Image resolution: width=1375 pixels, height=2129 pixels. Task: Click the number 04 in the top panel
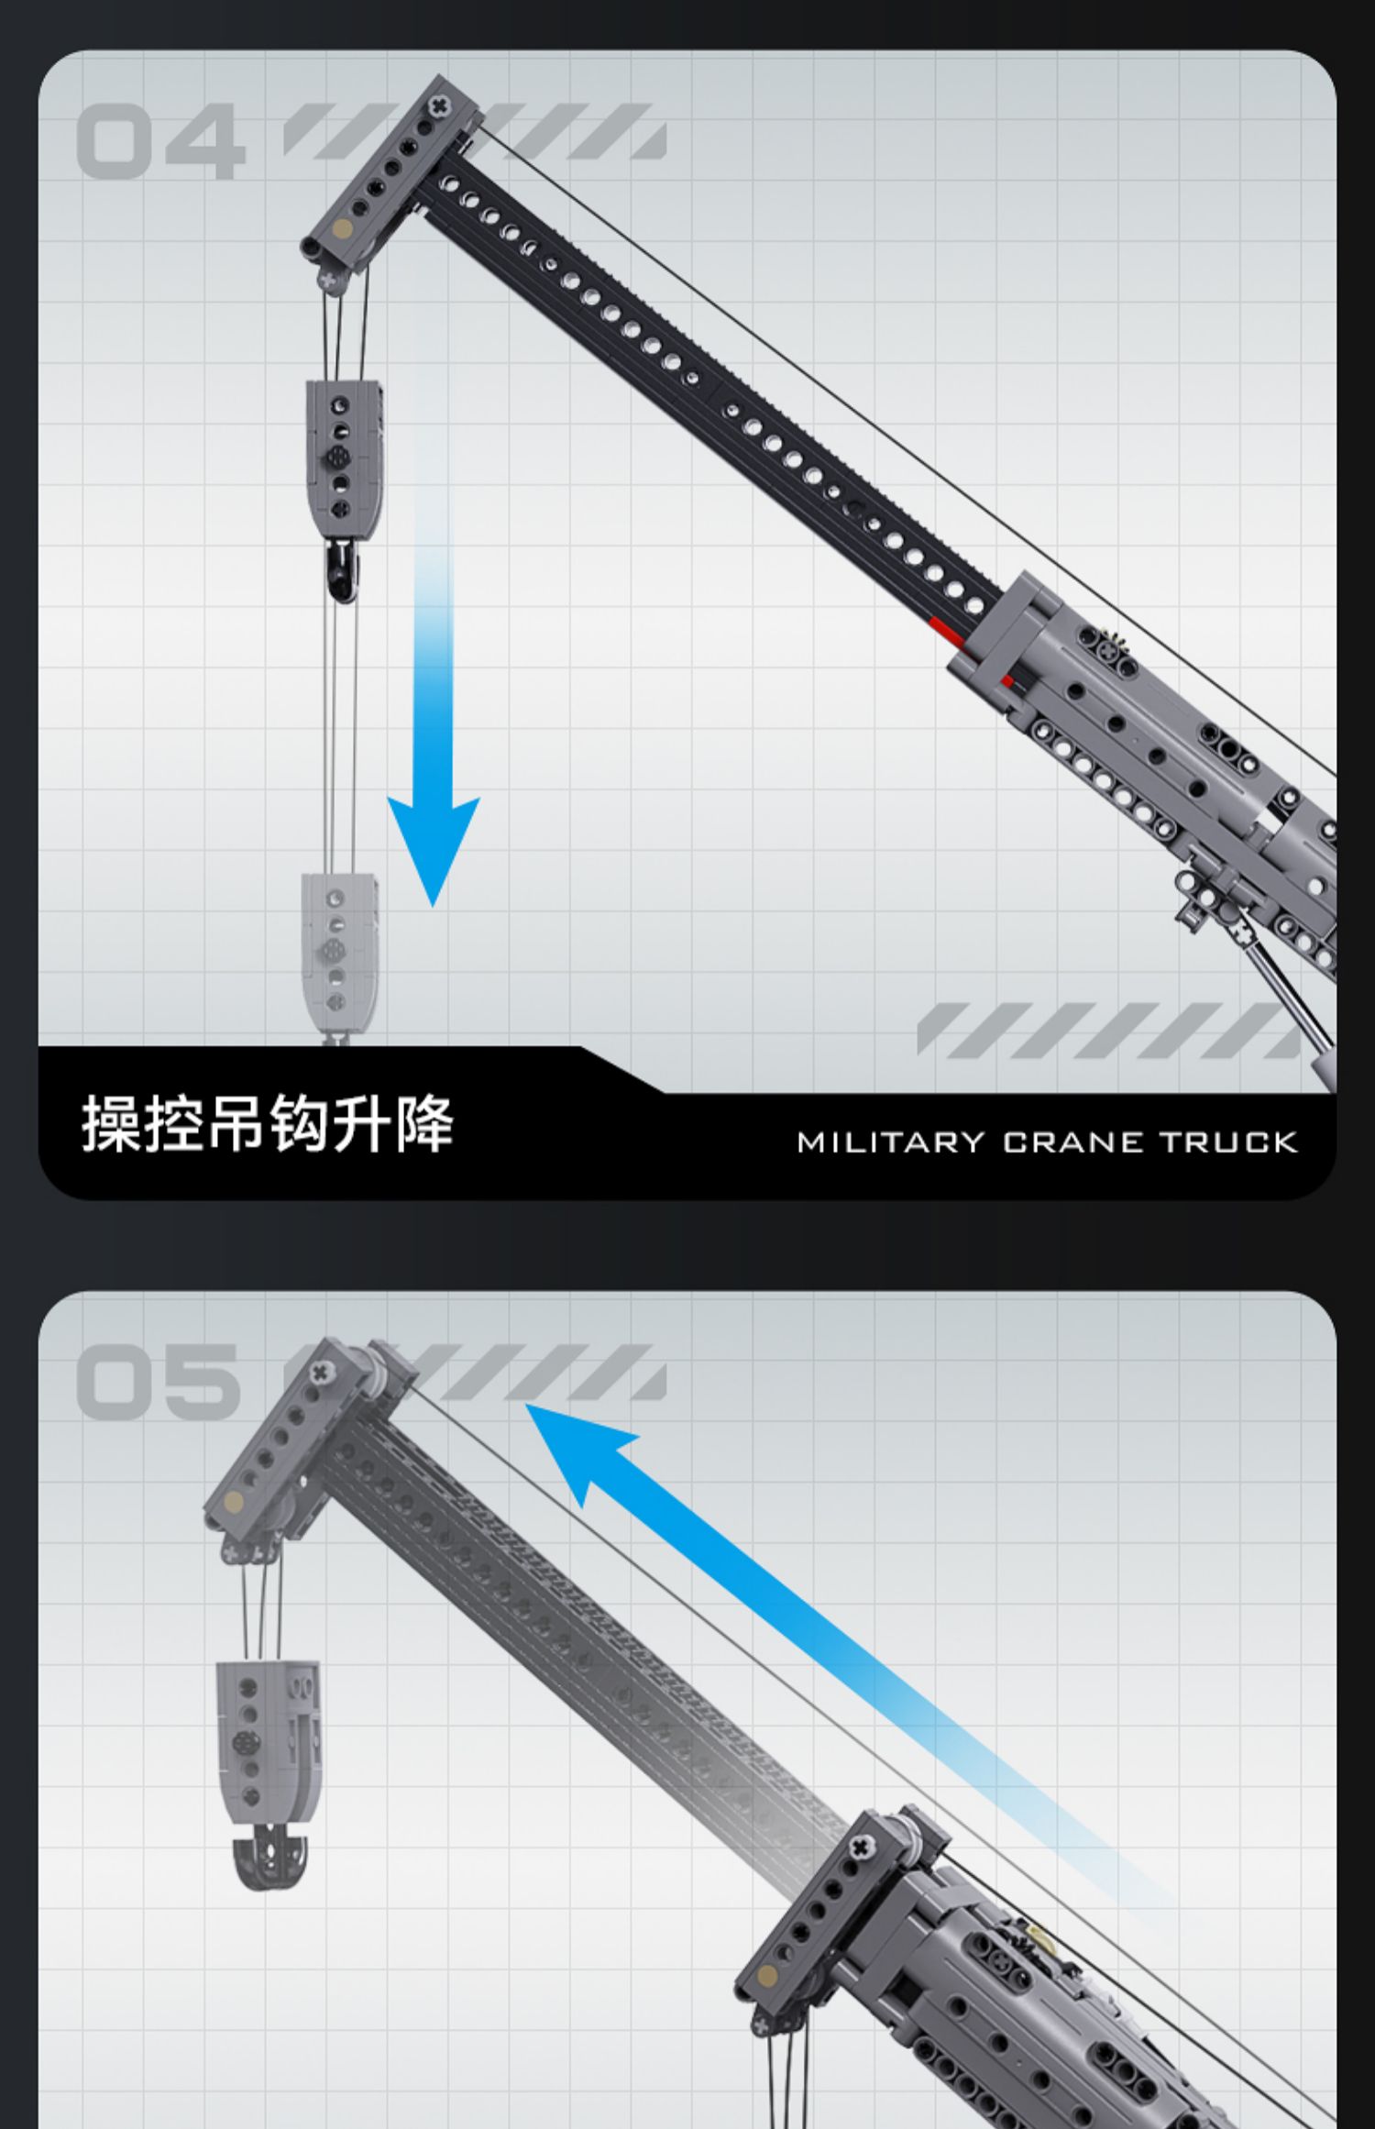tap(160, 142)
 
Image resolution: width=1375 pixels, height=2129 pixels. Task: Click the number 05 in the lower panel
tap(159, 1382)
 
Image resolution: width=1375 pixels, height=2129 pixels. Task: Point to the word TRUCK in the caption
tap(1228, 1142)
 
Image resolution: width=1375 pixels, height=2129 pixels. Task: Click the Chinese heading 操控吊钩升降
tap(268, 1123)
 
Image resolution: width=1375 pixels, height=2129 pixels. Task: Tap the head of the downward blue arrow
tap(434, 844)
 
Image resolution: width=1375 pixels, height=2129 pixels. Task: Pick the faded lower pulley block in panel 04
tap(339, 954)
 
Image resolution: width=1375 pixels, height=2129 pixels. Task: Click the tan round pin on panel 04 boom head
tap(342, 228)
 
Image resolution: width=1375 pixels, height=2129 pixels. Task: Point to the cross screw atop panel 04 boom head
tap(439, 106)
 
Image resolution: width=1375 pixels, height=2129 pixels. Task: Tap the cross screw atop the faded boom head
tap(319, 1373)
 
